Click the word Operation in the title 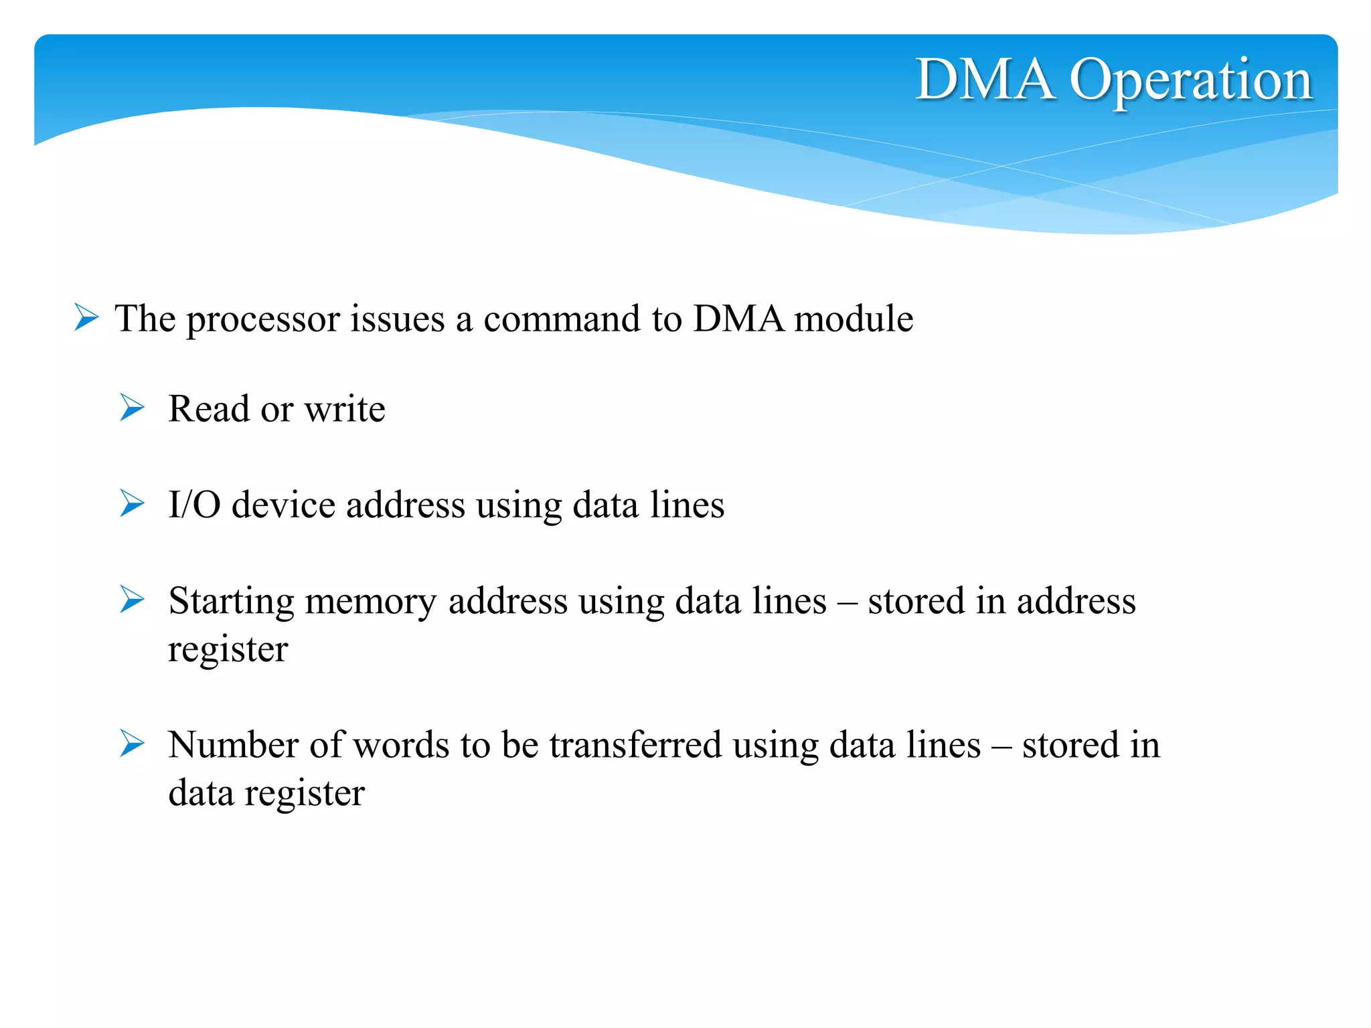(x=1190, y=81)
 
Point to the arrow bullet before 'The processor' (x=86, y=317)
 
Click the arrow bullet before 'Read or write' (x=132, y=408)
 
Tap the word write (x=345, y=409)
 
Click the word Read (x=208, y=409)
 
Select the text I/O (x=194, y=505)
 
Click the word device (x=283, y=505)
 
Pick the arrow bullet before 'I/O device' (x=132, y=503)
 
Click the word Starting (x=231, y=602)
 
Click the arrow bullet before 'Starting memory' (x=132, y=600)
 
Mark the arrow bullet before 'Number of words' (x=132, y=744)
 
